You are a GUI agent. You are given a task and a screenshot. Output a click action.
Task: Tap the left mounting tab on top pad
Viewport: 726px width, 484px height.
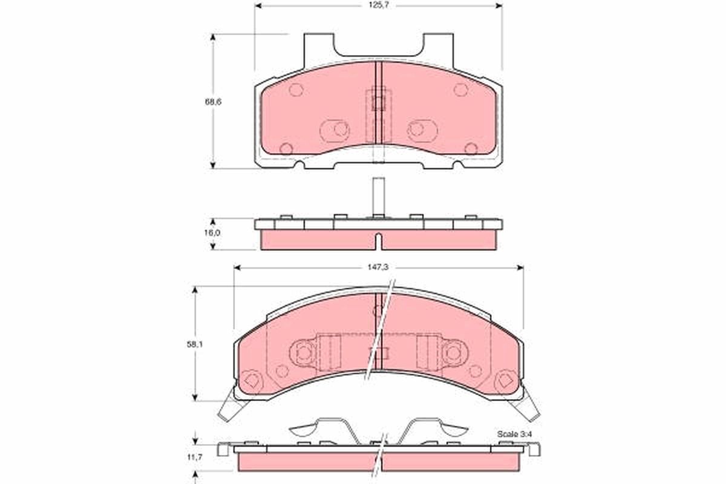(318, 45)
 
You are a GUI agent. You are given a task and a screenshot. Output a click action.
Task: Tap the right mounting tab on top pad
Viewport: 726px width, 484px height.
(437, 45)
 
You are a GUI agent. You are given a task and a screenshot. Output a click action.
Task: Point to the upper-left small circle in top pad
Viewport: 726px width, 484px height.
(296, 90)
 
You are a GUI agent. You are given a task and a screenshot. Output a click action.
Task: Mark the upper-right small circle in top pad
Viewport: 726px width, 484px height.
(460, 90)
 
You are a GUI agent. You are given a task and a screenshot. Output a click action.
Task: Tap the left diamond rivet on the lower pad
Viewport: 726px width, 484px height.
(253, 381)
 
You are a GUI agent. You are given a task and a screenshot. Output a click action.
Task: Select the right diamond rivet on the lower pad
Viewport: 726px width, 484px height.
(503, 381)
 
